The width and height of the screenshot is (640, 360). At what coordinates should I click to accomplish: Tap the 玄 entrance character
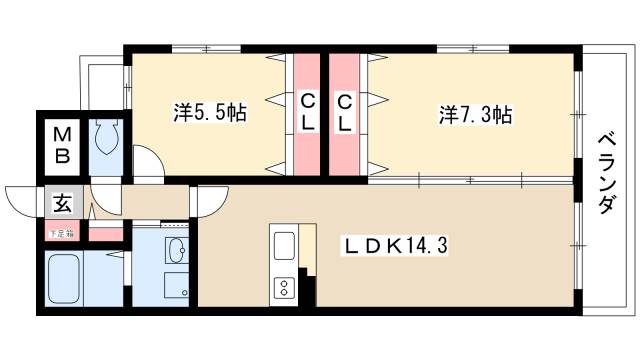click(61, 204)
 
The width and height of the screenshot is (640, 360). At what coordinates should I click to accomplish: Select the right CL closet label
click(343, 113)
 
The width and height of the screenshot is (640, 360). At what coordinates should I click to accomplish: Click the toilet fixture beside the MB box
click(106, 140)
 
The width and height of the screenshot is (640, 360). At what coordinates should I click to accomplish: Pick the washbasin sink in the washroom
click(176, 249)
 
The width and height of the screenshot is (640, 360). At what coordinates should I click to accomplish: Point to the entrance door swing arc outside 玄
click(22, 201)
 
